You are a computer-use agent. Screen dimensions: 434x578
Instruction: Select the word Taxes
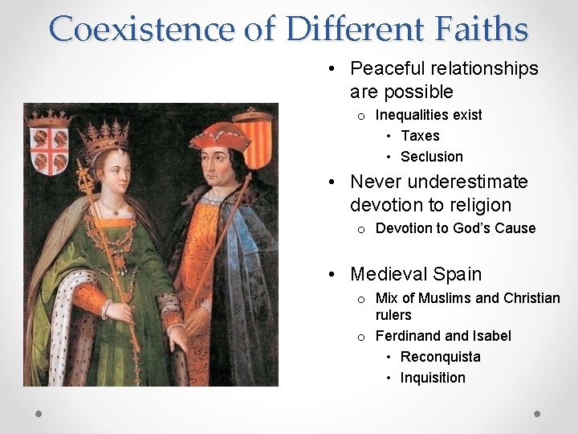point(420,136)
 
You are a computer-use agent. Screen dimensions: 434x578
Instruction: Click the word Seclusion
point(432,157)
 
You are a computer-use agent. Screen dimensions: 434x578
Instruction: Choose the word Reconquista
point(441,357)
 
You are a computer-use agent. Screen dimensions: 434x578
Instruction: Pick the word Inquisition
point(433,378)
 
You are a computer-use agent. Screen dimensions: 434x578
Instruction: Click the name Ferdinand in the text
point(408,336)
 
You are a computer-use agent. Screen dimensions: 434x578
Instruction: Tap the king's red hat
point(218,137)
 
